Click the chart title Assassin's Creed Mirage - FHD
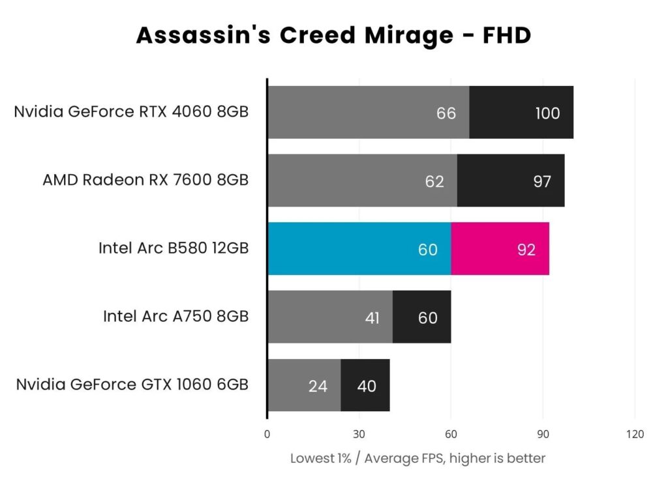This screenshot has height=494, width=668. pos(333,35)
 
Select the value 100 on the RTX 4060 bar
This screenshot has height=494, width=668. pos(547,113)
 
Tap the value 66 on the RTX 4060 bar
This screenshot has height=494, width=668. pos(446,113)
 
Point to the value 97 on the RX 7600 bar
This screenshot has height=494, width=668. pos(542,181)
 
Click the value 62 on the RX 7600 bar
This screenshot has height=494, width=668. pos(434,181)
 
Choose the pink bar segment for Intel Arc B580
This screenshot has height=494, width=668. pos(500,248)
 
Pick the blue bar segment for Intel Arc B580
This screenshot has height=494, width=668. pos(359,248)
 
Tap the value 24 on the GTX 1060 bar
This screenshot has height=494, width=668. pos(318,386)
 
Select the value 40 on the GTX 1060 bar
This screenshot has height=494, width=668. pos(367,386)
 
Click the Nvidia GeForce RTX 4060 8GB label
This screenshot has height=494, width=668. pos(131,111)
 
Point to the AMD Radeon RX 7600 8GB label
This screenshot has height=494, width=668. pos(145,179)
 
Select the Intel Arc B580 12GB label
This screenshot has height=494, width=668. pos(174,248)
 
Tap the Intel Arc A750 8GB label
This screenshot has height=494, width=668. pos(175,316)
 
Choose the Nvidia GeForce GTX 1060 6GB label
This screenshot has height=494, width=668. pos(132,385)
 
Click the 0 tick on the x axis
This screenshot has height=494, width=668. pos(267,434)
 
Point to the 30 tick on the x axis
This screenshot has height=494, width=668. pos(359,434)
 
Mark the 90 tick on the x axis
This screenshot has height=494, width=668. pos(543,434)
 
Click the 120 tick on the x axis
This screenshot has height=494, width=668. pos(635,434)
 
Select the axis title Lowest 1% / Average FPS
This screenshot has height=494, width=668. pos(417,458)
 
